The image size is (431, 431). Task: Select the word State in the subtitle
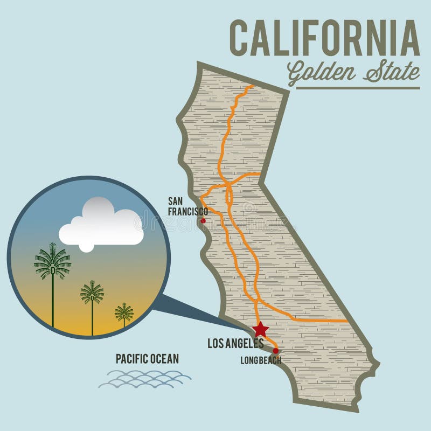pos(391,72)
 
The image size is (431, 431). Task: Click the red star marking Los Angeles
pos(261,329)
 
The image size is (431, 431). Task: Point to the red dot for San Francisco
pos(203,220)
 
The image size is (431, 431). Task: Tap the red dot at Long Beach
pos(276,351)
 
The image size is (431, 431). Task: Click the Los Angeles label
pos(235,343)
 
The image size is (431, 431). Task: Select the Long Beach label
pos(260,360)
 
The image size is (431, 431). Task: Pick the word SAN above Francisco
pos(177,201)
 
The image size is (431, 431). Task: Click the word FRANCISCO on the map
pos(187,212)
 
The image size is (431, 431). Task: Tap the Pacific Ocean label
pos(147,359)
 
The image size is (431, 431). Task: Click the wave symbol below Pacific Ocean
pos(144,379)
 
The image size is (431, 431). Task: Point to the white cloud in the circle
pos(100,224)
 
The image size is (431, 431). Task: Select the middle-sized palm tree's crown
pos(92,293)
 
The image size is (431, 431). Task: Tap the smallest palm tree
pos(124,312)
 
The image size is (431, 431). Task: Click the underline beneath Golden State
pos(358,87)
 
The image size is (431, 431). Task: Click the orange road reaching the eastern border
pos(334,321)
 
